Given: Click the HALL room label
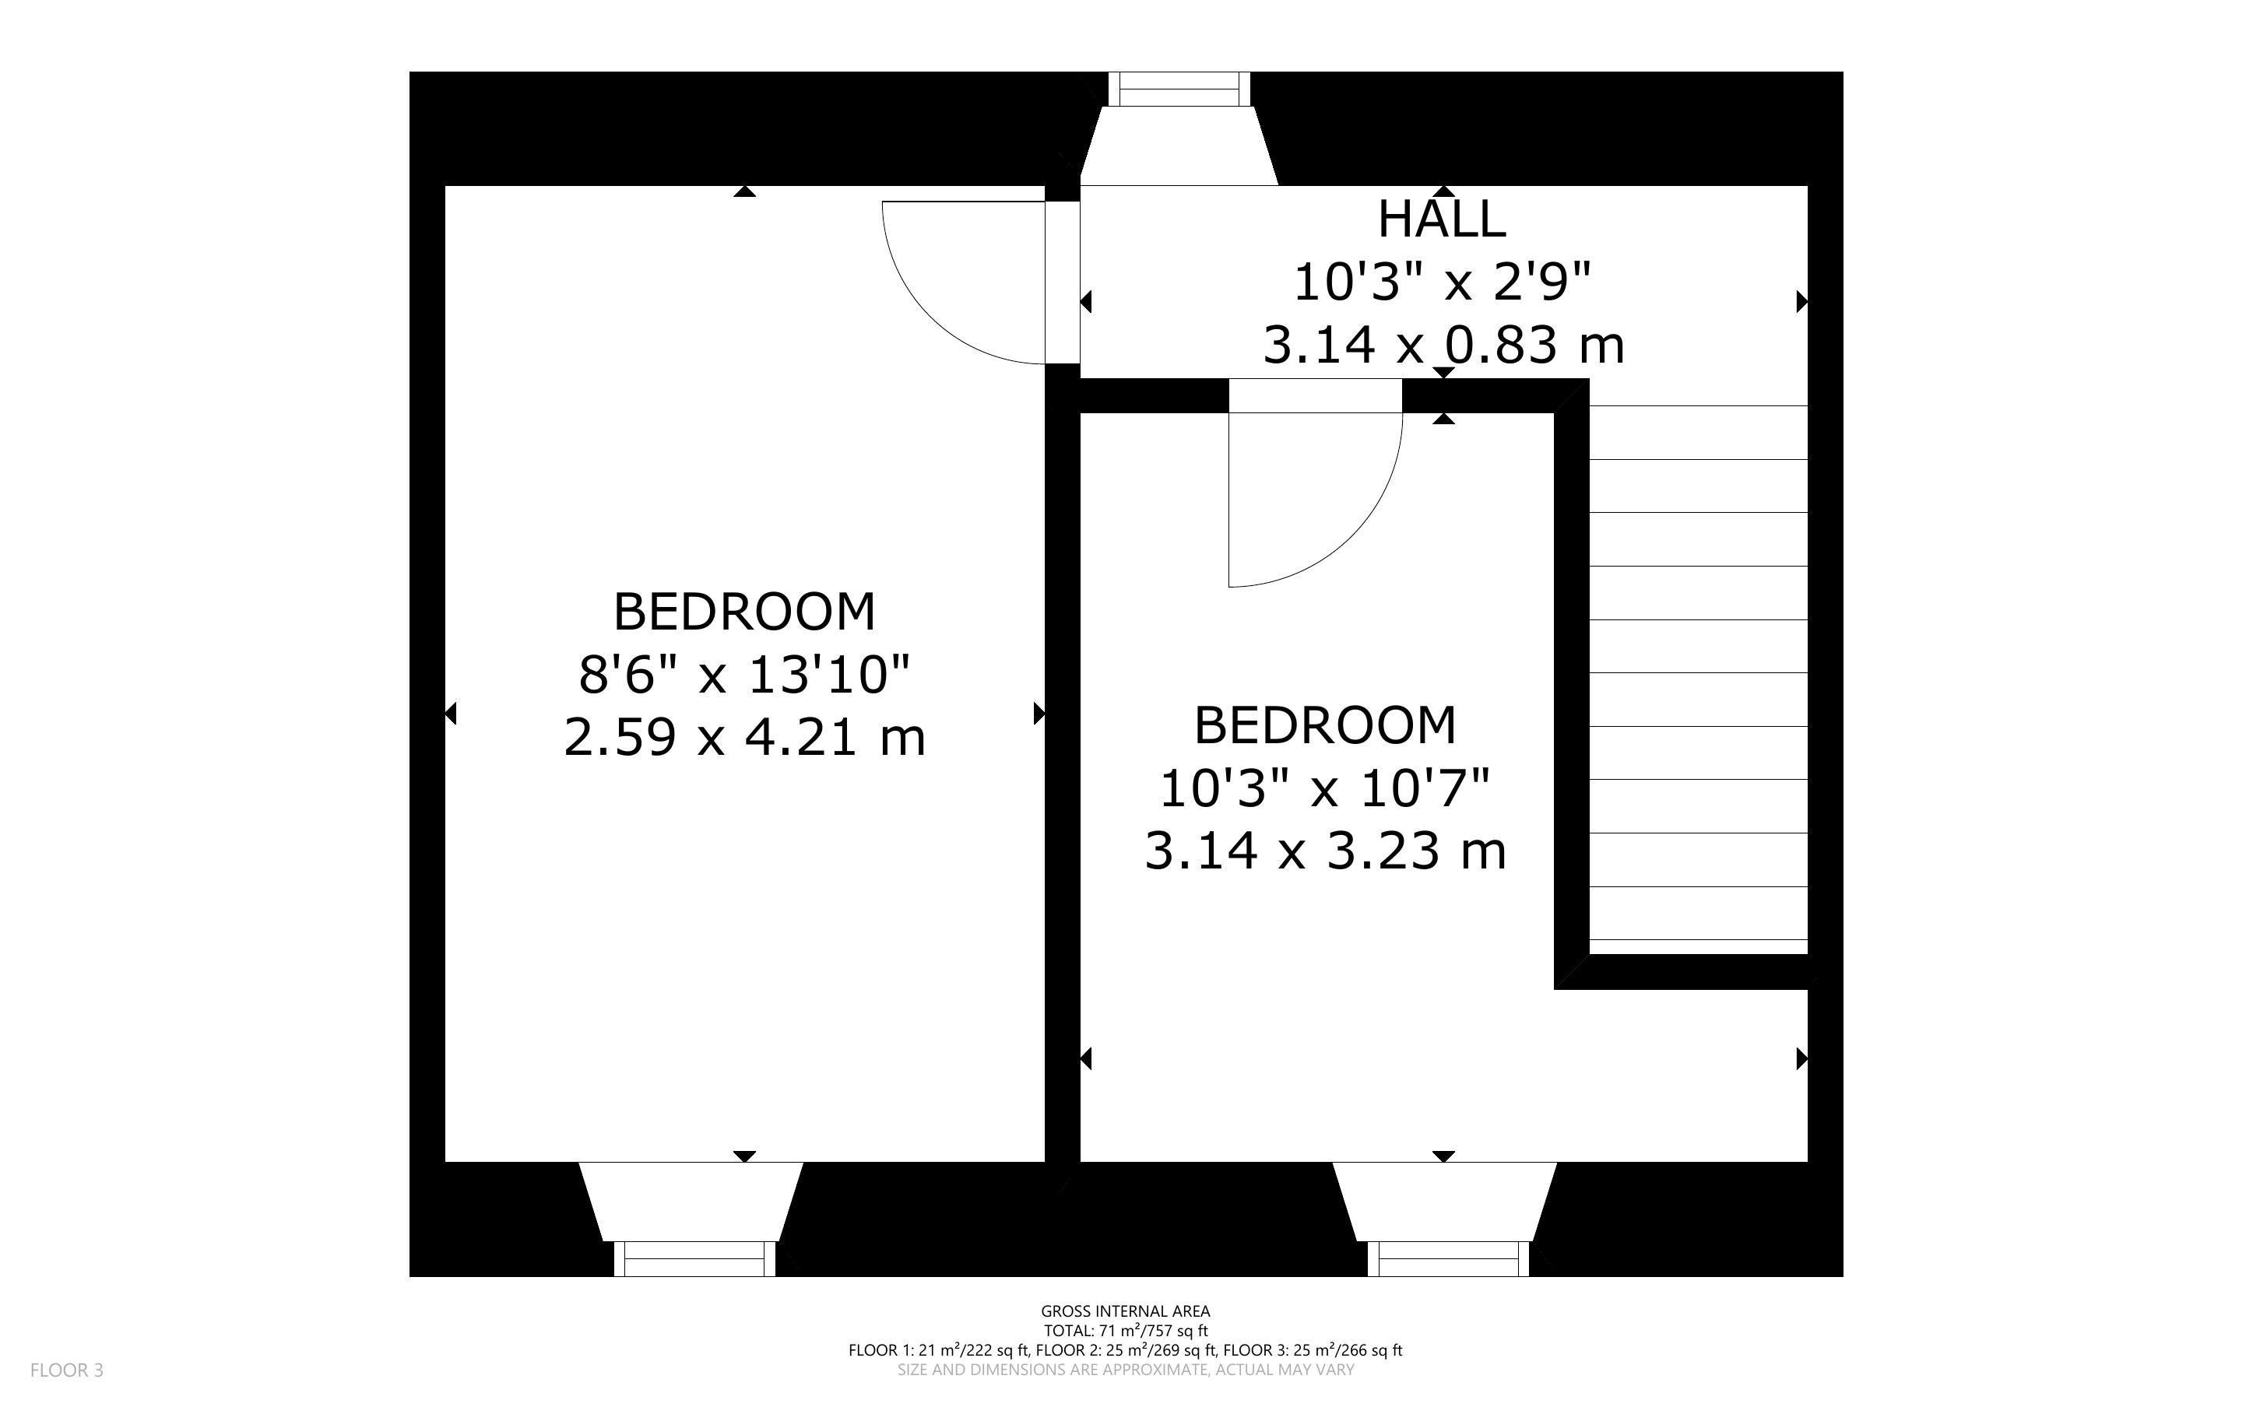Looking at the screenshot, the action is [1442, 219].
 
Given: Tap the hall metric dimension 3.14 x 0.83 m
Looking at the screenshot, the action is [1443, 346].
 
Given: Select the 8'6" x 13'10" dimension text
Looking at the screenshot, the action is [744, 675].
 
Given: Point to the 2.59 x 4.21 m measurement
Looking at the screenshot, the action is [744, 738].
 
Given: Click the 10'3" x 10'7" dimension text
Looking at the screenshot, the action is [1325, 788].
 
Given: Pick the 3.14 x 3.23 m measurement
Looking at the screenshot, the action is [1325, 851].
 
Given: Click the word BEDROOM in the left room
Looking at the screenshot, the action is [744, 612].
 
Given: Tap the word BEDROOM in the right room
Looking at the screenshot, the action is [1325, 726].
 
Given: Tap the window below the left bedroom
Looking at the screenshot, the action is [694, 1258].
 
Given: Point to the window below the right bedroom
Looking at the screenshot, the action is [1448, 1258].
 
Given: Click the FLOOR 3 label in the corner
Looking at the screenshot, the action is [67, 1370].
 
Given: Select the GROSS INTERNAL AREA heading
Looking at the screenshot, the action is [1125, 1312].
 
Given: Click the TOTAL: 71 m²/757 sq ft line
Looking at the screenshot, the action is [1125, 1332].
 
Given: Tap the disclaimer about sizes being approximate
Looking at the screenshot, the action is [1125, 1370].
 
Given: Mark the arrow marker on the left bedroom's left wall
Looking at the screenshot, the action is [451, 714].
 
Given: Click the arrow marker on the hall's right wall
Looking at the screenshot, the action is [1801, 301].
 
